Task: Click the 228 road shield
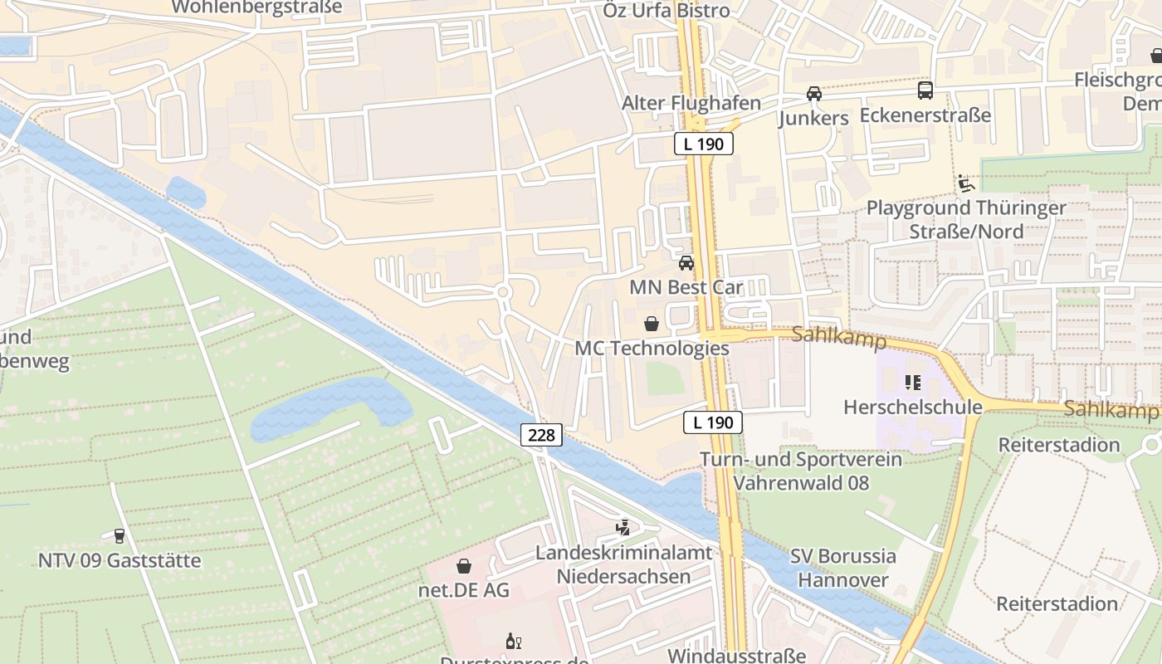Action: tap(542, 435)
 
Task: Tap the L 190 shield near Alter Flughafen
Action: tap(703, 144)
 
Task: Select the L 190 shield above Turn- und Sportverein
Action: tap(712, 422)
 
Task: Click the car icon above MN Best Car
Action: tap(686, 263)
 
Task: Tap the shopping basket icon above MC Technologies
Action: tap(652, 323)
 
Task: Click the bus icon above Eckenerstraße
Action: tap(925, 90)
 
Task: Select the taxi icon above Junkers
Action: tap(814, 93)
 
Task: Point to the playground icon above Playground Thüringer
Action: tap(965, 183)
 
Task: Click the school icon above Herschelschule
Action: tap(913, 383)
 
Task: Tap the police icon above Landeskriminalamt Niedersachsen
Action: tap(622, 527)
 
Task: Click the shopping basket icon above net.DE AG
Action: tap(464, 566)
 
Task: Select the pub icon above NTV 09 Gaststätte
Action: tap(120, 536)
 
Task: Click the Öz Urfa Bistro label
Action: tap(666, 11)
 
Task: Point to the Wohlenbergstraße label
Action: tap(256, 7)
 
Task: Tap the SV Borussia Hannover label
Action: tap(842, 568)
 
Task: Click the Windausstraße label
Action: tap(736, 656)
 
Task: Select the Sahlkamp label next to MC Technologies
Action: tap(839, 338)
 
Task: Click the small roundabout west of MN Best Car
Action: tap(502, 290)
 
